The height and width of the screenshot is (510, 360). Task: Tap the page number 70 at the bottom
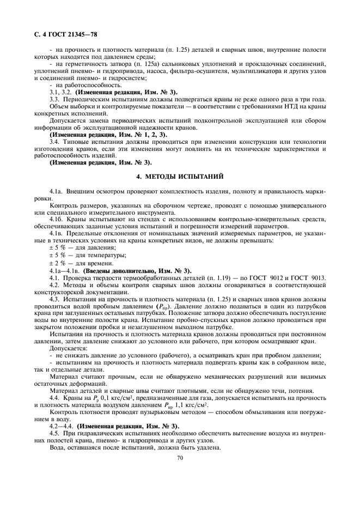[x=179, y=458]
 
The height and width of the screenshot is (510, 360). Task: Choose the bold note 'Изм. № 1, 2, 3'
[x=138, y=134]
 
